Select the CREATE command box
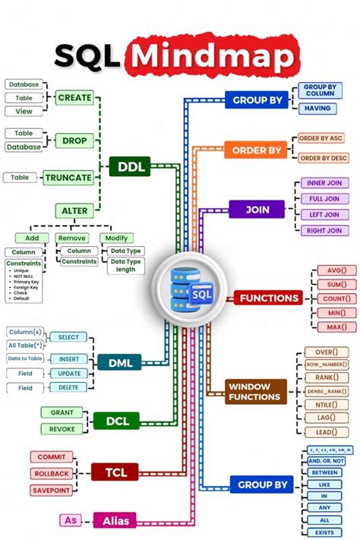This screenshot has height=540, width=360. pos(74,97)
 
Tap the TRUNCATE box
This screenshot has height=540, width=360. pos(68,178)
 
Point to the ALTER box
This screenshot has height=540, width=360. pos(74,210)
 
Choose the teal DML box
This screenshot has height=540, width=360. pos(118,363)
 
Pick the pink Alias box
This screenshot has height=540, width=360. pos(114,520)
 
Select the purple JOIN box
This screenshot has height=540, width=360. pos(257,209)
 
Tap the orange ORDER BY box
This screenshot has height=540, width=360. pos(255,150)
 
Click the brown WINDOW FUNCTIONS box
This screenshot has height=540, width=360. pos(256,392)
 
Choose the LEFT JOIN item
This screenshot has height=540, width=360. pos(323,215)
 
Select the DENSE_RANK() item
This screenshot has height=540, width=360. pos(327,391)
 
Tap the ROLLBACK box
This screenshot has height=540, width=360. pos(51,474)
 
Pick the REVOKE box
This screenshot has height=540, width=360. pos(62,429)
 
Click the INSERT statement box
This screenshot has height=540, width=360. pos(68,358)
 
